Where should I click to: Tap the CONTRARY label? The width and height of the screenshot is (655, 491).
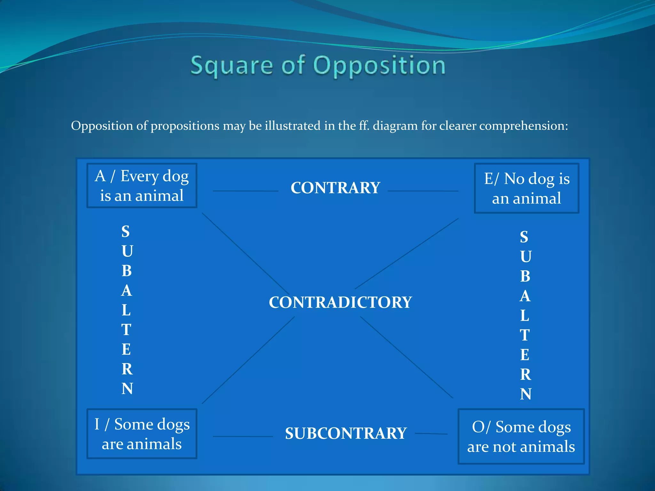pos(335,188)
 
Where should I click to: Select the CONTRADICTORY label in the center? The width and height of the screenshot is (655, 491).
pos(340,302)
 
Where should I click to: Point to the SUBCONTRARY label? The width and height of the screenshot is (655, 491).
pos(346,433)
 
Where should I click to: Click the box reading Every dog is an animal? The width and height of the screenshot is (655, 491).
pos(142,186)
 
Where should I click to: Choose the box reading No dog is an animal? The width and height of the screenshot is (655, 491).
pos(526,188)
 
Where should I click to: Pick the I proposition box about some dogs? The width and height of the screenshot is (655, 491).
pos(142,434)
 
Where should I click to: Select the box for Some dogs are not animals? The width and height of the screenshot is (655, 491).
pos(521,436)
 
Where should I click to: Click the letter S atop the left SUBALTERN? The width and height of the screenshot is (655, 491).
pos(126,231)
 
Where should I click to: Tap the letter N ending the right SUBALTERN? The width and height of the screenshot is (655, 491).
pos(525,394)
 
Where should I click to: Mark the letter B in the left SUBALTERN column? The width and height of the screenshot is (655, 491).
pos(127,271)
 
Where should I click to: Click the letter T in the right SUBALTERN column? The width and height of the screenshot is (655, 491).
pos(525,335)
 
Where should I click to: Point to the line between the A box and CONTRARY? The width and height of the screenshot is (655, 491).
pos(245,191)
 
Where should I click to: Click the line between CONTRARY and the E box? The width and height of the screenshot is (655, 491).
pos(423,191)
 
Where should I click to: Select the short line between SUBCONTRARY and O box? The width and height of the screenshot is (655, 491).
pos(431,434)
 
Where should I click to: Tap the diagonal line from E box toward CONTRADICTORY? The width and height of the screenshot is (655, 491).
pos(407,253)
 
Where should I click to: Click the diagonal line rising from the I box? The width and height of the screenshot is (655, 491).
pos(248,360)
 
